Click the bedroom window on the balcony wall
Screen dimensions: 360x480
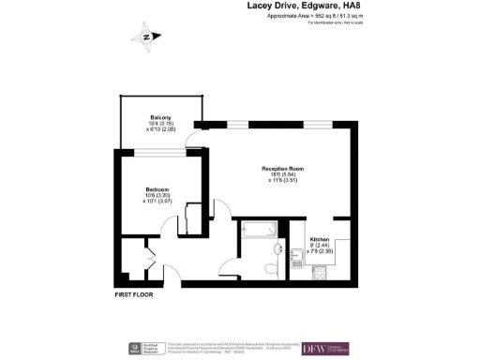click(157, 149)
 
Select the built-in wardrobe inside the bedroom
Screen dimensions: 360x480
click(192, 217)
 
